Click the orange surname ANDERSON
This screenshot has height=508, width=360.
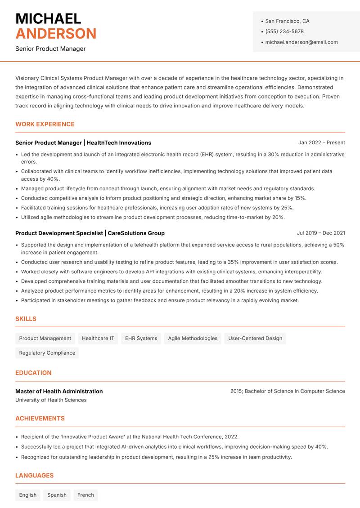pyautogui.click(x=56, y=34)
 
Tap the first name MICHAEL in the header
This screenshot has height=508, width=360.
pyautogui.click(x=48, y=19)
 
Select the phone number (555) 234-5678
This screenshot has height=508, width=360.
pyautogui.click(x=284, y=31)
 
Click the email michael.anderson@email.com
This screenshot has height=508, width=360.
pyautogui.click(x=301, y=42)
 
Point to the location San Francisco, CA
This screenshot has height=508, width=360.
pyautogui.click(x=287, y=21)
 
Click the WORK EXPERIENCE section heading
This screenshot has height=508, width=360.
pyautogui.click(x=45, y=124)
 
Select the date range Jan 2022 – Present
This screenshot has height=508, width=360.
pyautogui.click(x=321, y=143)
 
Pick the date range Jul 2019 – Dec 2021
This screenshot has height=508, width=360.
pyautogui.click(x=321, y=233)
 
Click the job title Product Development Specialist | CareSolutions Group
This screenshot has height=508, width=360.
pyautogui.click(x=90, y=233)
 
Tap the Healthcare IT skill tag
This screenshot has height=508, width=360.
pyautogui.click(x=98, y=339)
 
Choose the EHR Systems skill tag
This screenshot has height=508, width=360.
pyautogui.click(x=141, y=339)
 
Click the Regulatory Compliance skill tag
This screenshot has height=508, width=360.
pyautogui.click(x=47, y=353)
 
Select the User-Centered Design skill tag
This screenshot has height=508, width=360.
pyautogui.click(x=255, y=339)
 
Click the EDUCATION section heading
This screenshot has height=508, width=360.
pyautogui.click(x=33, y=373)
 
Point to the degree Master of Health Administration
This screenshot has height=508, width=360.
pyautogui.click(x=59, y=391)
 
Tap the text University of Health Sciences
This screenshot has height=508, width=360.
pyautogui.click(x=51, y=400)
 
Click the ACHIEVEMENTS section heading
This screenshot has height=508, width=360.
pyautogui.click(x=40, y=418)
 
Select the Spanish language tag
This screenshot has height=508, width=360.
pyautogui.click(x=57, y=495)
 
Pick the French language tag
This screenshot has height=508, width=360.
pyautogui.click(x=85, y=495)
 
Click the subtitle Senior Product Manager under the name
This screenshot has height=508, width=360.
pyautogui.click(x=50, y=49)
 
